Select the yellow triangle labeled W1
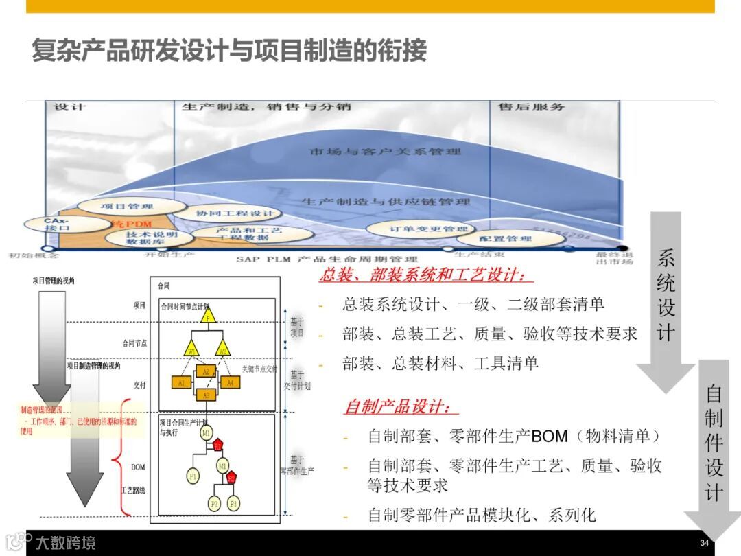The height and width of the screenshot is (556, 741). pos(193,349)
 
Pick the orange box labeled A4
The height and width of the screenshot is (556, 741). pos(231,382)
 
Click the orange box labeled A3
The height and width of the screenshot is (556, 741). pos(206,395)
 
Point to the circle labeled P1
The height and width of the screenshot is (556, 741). pos(193,475)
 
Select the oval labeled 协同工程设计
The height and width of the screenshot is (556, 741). pos(235,213)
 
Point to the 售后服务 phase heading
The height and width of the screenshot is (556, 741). pos(531,106)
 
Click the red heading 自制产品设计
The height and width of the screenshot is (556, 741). pos(401,407)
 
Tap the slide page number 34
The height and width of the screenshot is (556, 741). pos(704,543)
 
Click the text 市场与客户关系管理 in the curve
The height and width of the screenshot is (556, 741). pos(385,150)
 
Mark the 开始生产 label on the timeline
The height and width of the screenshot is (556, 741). pos(170,255)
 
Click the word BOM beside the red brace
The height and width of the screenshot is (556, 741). pos(138,467)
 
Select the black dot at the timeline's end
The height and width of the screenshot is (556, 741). pos(622,248)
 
